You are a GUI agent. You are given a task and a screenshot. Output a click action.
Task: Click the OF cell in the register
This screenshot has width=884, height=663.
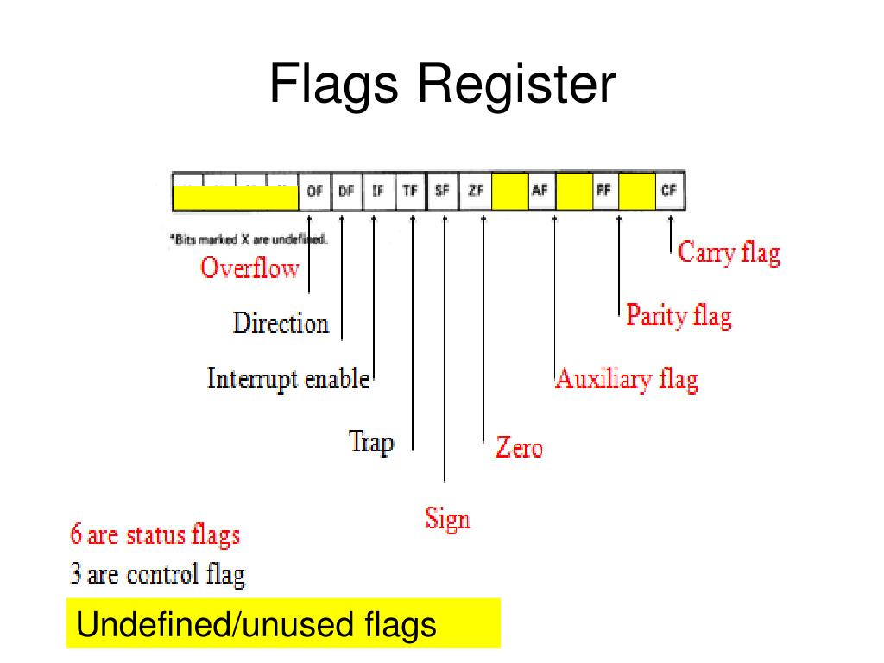[x=314, y=193]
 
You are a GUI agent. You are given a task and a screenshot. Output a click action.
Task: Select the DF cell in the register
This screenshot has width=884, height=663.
[x=346, y=193]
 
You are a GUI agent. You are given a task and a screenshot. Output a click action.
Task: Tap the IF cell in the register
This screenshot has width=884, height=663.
[x=378, y=193]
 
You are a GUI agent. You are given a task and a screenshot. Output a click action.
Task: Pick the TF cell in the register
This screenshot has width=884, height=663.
[x=410, y=193]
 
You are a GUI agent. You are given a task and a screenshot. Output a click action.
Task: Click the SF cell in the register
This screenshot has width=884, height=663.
[x=442, y=193]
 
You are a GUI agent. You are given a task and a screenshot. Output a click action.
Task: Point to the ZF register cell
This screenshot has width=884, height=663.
[x=474, y=193]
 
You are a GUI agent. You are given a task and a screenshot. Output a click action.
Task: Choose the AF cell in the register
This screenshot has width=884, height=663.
[x=540, y=192]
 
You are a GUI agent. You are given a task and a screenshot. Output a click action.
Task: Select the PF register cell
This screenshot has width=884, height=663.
[x=604, y=192]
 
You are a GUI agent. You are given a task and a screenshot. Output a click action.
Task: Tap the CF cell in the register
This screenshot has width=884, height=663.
[x=668, y=192]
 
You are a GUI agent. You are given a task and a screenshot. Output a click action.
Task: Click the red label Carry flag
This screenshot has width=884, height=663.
[x=729, y=252]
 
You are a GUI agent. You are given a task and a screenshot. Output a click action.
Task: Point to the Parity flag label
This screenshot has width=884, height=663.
[x=679, y=315]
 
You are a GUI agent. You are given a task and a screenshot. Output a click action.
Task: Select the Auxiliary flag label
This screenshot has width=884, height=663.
[x=626, y=379]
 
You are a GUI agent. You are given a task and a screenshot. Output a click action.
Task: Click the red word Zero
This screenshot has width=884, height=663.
[x=519, y=447]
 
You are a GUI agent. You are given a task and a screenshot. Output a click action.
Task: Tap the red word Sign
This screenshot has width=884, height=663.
[x=447, y=519]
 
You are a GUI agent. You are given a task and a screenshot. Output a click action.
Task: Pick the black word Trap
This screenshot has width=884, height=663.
[x=371, y=442]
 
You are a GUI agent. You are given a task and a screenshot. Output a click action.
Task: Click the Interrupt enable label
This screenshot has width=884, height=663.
[x=288, y=379]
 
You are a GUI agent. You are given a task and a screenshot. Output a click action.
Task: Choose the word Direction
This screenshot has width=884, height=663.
[x=281, y=324]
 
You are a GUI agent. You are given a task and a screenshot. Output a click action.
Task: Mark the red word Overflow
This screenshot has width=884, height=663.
[x=249, y=268]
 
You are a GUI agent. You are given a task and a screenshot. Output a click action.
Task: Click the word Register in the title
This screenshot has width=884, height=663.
[x=518, y=85]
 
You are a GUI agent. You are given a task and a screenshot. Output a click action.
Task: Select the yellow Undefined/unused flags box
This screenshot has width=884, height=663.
[x=283, y=623]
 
